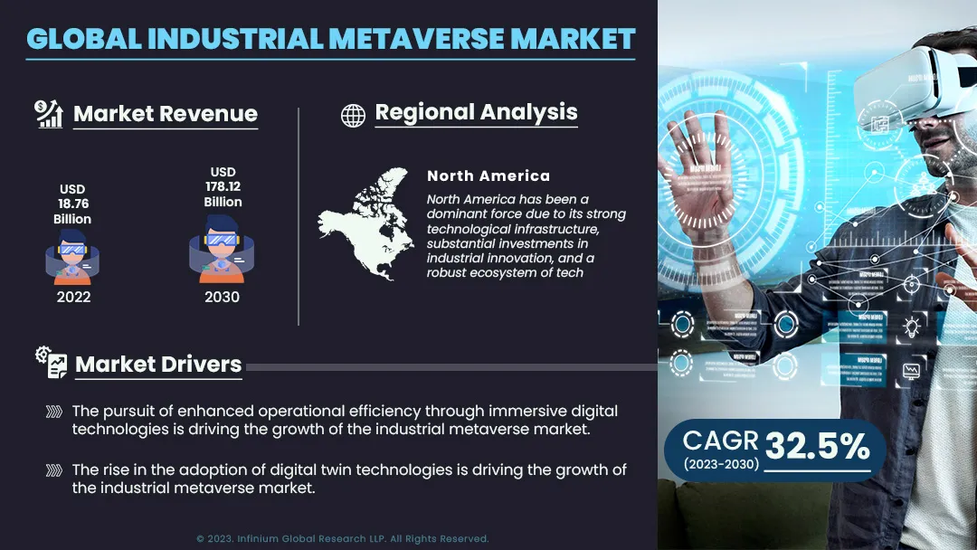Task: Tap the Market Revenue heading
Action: (166, 113)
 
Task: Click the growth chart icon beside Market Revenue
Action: (49, 114)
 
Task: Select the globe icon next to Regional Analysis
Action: (353, 115)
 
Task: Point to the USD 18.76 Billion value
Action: (72, 204)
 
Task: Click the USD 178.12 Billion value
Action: (223, 187)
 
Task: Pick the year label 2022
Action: (73, 297)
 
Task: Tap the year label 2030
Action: (222, 297)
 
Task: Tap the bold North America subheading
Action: (488, 176)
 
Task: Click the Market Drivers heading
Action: (158, 365)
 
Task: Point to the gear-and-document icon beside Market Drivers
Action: (51, 362)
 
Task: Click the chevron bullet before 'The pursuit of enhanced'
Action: (54, 412)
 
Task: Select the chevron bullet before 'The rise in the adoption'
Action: (54, 470)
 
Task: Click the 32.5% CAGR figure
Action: (817, 446)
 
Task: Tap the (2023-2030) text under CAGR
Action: (721, 464)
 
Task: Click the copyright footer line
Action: (343, 539)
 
